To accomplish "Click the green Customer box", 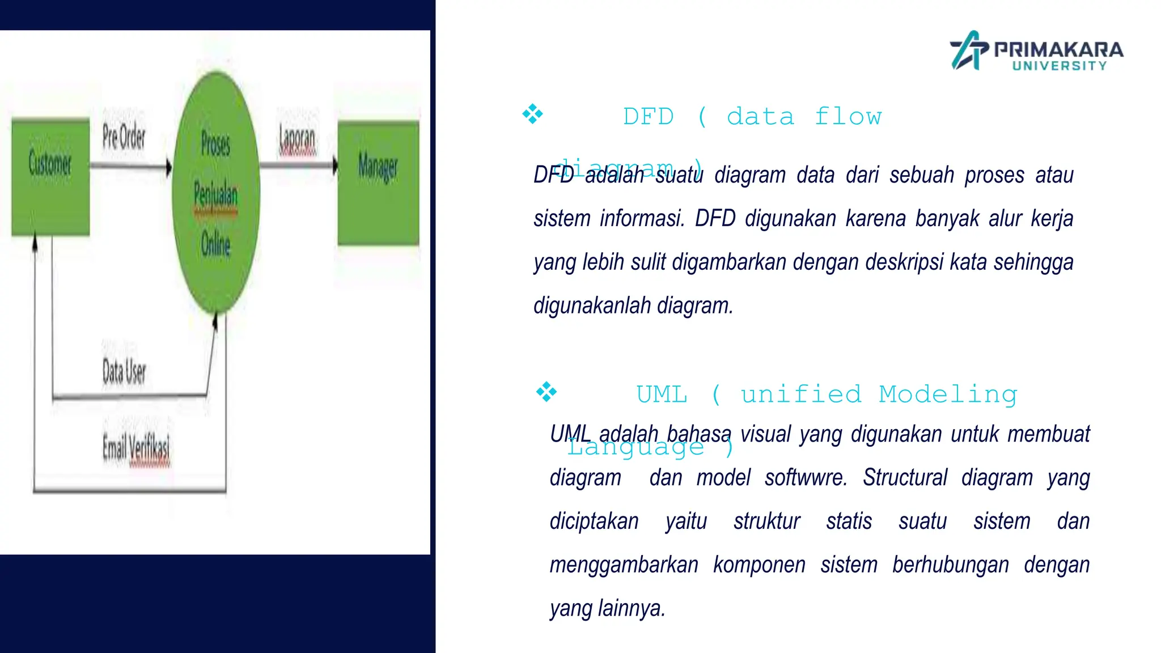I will (50, 177).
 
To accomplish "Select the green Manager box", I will (378, 183).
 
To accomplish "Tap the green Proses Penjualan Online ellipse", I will (216, 193).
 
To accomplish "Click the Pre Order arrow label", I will (124, 137).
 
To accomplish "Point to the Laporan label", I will (297, 139).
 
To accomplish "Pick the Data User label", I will (124, 372).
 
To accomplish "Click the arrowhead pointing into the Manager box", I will (335, 166).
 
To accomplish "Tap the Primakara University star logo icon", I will (968, 50).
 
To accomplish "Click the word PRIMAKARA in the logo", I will (1058, 49).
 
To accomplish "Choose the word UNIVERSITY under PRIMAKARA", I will (1060, 66).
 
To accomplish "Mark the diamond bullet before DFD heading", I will (532, 114).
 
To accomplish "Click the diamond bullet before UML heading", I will (546, 392).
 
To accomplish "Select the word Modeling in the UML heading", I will (948, 395).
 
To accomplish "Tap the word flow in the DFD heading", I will (848, 117).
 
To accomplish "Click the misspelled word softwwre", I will (806, 478).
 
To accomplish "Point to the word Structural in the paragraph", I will (905, 478).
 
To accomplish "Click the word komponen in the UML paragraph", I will (759, 565).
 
